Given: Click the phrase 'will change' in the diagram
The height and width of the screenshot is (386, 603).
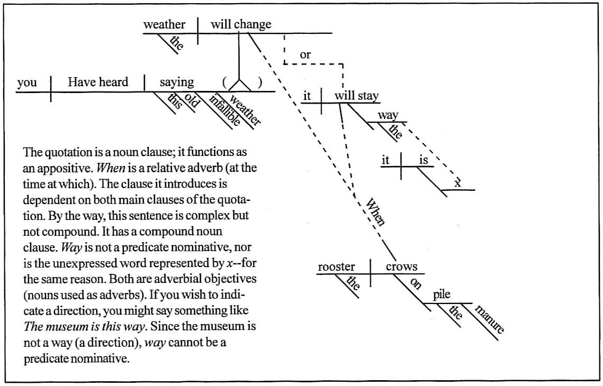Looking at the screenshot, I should coord(241,24).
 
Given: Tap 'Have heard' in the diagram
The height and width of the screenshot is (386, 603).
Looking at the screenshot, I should coord(98,82).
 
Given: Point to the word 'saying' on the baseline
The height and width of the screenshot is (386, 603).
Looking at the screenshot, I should coord(177,82).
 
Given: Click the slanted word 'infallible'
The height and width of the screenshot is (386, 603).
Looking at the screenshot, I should coord(225,109).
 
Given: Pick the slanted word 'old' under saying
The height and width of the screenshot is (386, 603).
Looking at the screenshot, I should coord(191,101).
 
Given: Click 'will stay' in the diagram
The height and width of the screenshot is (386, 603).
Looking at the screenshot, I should coord(357,97).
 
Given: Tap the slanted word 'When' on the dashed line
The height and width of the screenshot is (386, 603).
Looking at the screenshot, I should coord(375,211).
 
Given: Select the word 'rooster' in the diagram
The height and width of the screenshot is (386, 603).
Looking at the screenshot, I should coord(336,267).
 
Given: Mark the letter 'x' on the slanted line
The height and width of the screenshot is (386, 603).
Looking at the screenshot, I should coord(458,183).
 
